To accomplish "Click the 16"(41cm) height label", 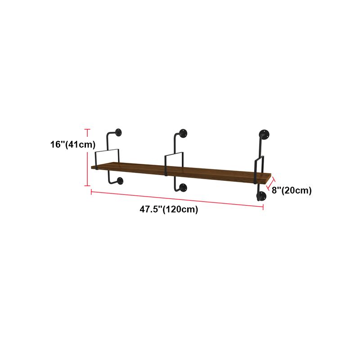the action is pos(73,144).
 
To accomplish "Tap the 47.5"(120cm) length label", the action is pos(169,209).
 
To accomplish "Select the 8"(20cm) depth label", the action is pos(292,190).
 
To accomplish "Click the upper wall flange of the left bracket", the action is pos(118,132).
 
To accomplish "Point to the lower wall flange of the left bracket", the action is pos(120,181).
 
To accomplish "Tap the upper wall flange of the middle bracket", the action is pos(183,133).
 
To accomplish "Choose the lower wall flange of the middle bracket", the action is pos(183,187).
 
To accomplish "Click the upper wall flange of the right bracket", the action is pos(264,134).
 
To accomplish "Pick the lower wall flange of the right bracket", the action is pos(261,196).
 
